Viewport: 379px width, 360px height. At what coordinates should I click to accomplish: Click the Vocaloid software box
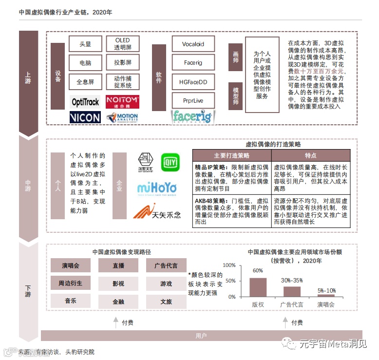193,44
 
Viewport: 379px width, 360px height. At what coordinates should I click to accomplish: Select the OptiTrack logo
85,102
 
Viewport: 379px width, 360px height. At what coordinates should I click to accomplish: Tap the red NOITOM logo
122,101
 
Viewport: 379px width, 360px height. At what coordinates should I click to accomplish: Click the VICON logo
85,117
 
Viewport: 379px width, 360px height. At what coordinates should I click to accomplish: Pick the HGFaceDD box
193,82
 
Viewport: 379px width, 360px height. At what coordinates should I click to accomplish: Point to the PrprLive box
193,100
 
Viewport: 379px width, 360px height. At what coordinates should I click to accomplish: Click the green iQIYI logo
170,162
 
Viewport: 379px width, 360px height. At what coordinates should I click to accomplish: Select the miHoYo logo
156,188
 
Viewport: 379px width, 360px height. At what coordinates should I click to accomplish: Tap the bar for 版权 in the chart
258,287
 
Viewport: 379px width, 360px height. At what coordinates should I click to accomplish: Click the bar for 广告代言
292,291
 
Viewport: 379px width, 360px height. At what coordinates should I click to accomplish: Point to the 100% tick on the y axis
229,265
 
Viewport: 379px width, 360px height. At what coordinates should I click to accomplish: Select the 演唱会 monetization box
70,265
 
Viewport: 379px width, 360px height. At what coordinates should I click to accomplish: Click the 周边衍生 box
70,283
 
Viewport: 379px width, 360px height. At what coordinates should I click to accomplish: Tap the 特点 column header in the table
311,155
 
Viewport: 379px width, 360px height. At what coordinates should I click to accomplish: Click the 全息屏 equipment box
85,81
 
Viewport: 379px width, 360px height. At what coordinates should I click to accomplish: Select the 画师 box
236,57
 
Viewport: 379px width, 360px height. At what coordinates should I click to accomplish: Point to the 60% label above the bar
258,271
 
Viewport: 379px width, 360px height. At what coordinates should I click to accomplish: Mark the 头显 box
85,44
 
